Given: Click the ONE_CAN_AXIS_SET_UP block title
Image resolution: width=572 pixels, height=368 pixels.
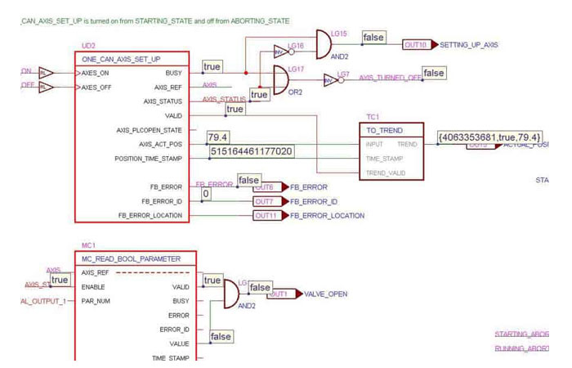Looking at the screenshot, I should (x=121, y=60).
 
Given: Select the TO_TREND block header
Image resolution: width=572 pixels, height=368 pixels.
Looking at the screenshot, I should (x=385, y=130).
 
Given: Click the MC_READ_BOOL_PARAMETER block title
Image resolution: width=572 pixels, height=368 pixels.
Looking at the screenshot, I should (x=131, y=258).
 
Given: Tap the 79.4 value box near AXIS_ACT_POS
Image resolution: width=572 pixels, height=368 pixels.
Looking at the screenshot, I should (x=218, y=137).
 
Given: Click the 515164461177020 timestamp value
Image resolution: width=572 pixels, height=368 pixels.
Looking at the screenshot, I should (x=251, y=151).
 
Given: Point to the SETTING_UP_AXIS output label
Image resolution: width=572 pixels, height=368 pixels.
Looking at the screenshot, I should (x=469, y=45).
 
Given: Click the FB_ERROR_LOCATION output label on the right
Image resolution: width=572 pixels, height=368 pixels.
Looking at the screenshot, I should (x=327, y=216).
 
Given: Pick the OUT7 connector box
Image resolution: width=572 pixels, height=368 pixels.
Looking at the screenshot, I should (x=264, y=201).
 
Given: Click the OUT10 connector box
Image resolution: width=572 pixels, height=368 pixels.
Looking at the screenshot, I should (x=415, y=45).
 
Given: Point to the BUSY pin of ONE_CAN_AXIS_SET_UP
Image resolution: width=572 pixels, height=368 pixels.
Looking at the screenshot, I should (x=173, y=73).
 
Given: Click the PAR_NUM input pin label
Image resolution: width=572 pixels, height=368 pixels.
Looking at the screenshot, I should (x=96, y=301).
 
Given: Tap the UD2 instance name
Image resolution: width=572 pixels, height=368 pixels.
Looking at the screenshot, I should (x=89, y=46).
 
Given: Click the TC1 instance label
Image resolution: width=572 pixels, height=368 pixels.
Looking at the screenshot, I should (x=373, y=117).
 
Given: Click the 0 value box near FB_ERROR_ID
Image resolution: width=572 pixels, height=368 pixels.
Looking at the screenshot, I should (x=206, y=194).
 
